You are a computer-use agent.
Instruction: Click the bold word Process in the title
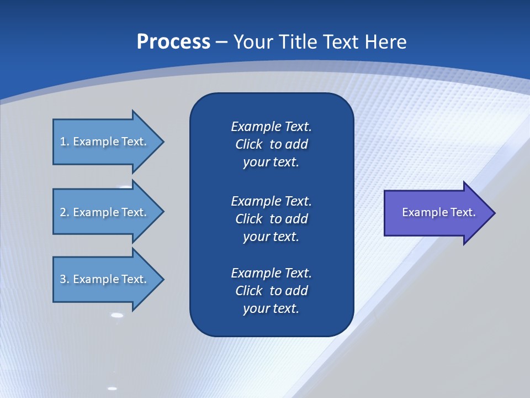[x=173, y=42]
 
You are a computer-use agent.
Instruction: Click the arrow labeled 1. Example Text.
[x=105, y=142]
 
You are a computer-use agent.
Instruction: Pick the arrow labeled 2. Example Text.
[x=105, y=212]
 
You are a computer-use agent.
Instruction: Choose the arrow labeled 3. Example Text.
[x=105, y=279]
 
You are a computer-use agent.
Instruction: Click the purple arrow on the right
[x=436, y=213]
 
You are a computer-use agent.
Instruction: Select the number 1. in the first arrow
[x=64, y=142]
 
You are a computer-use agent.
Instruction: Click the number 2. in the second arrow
[x=64, y=212]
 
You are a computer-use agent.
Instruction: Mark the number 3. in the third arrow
[x=64, y=279]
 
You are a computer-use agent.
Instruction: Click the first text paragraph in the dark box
[x=271, y=144]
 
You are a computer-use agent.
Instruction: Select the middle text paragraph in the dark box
[x=271, y=218]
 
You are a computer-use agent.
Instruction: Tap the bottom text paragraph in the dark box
[x=271, y=291]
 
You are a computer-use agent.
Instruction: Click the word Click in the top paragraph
[x=248, y=144]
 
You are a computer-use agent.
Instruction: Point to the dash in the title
[x=221, y=43]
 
